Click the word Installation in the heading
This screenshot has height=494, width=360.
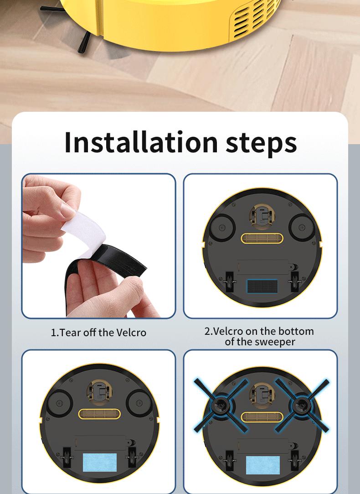[142, 142]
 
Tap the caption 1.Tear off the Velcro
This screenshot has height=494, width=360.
[98, 333]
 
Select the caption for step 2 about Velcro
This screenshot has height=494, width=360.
[259, 337]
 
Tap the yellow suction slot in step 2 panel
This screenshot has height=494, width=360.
[262, 238]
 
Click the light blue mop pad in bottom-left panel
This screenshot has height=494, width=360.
[100, 462]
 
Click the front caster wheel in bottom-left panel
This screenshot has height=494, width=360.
[99, 391]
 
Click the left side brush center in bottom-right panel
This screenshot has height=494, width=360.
[221, 404]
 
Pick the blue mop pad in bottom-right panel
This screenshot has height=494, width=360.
[263, 465]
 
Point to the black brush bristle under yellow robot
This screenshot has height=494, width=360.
[84, 43]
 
